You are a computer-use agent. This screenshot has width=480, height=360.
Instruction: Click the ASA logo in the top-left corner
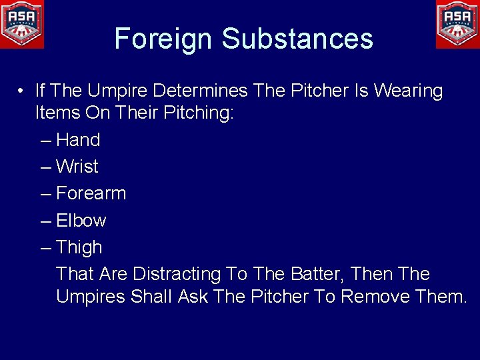(x=22, y=23)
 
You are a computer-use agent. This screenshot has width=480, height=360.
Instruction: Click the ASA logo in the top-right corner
(x=457, y=23)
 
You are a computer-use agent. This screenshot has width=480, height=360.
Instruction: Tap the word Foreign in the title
(x=164, y=39)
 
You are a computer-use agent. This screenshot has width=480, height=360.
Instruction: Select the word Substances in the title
(x=297, y=39)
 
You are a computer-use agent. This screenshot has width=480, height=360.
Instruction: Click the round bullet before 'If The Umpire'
(x=22, y=91)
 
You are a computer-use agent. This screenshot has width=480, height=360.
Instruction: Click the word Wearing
(x=408, y=91)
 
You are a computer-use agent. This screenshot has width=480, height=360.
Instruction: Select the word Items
(x=58, y=113)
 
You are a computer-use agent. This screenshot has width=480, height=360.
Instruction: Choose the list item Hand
(x=78, y=140)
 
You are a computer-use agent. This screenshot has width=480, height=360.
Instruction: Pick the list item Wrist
(x=77, y=167)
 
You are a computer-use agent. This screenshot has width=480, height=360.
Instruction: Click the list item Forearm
(x=91, y=193)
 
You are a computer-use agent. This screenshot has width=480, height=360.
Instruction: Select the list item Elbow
(x=81, y=221)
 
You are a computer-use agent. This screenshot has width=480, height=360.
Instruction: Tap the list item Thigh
(x=79, y=247)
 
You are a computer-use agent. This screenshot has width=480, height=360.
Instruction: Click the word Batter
(x=316, y=274)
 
